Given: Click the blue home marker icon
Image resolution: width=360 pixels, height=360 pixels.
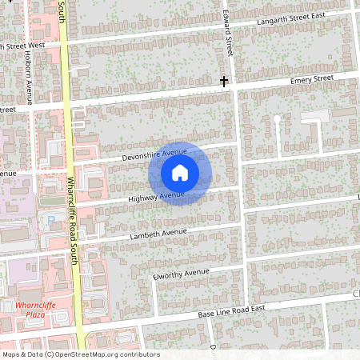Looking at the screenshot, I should pyautogui.click(x=180, y=172).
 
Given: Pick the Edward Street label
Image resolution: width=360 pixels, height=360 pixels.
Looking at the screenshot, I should pyautogui.click(x=228, y=32).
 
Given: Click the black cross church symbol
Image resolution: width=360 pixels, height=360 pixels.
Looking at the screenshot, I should pyautogui.click(x=225, y=80).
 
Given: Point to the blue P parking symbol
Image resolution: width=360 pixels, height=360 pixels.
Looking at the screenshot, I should pyautogui.click(x=53, y=218).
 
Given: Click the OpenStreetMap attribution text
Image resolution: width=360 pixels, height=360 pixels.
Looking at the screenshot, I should pyautogui.click(x=80, y=354).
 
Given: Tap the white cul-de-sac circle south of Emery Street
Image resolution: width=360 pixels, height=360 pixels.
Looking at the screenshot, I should pyautogui.click(x=277, y=118).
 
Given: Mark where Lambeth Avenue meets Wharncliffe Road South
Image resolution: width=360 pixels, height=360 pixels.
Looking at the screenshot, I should pyautogui.click(x=78, y=242).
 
